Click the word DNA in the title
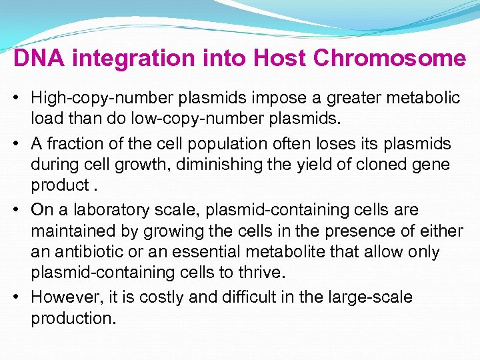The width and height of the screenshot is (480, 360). [39, 59]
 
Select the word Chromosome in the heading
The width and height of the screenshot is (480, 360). [389, 59]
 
